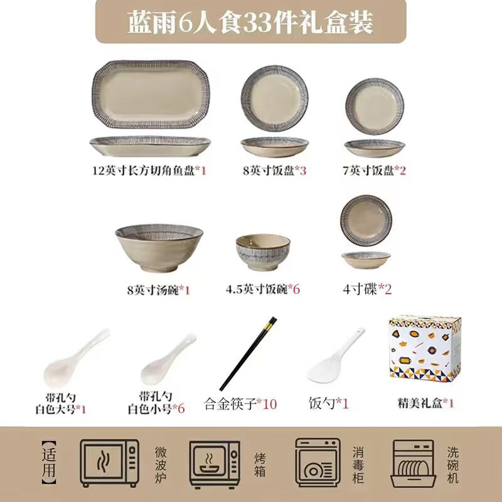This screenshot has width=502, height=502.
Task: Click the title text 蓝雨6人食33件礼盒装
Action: coord(250,23)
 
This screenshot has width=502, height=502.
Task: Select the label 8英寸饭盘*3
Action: coord(274,170)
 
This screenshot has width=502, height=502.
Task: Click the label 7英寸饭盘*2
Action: coord(374,170)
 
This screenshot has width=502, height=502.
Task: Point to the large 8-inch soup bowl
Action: coord(154,252)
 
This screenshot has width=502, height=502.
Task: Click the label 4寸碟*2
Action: coord(367,289)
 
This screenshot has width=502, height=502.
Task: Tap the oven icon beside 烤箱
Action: coord(215,461)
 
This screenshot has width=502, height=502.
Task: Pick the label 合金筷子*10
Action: coord(240,403)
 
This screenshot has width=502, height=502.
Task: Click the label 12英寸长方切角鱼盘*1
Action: coord(149,170)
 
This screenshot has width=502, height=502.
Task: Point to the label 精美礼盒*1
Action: coord(425,403)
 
